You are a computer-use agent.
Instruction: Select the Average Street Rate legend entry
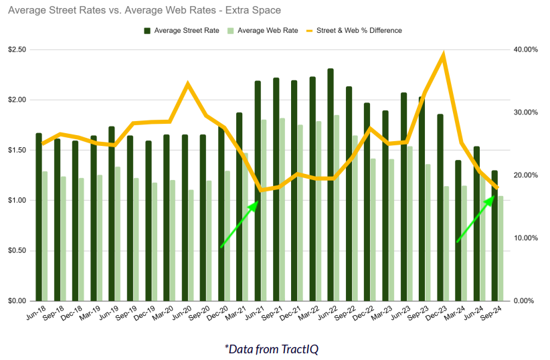click(x=181, y=30)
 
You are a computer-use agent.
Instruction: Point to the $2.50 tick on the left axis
click(x=17, y=50)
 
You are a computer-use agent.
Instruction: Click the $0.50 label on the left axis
click(x=17, y=251)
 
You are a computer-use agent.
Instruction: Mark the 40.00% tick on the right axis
click(x=525, y=50)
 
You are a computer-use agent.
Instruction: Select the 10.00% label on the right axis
click(x=525, y=238)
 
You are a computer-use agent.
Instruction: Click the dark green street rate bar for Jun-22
click(x=331, y=184)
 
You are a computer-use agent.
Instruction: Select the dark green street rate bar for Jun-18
click(x=39, y=216)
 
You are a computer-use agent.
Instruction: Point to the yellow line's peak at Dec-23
click(x=443, y=56)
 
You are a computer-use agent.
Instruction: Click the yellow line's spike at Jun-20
click(x=188, y=84)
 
